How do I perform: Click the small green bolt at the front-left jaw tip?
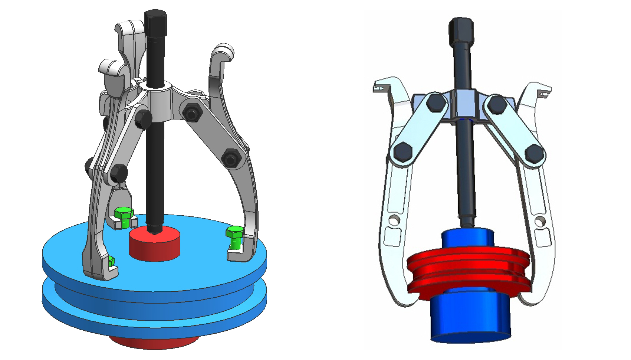111,261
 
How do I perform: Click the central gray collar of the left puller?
160,103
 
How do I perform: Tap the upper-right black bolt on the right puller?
497,104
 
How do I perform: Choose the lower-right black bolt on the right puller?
533,152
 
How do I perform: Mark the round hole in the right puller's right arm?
539,222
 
